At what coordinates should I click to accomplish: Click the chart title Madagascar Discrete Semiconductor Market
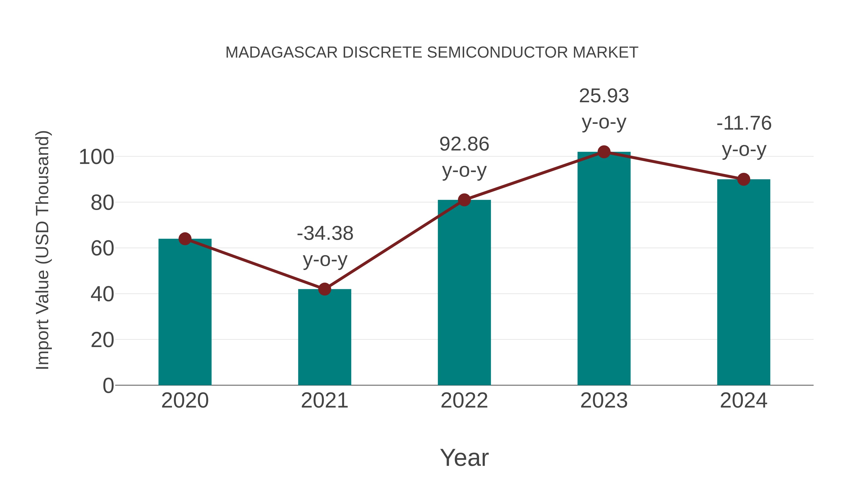[x=432, y=53]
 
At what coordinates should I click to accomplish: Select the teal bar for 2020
[x=185, y=312]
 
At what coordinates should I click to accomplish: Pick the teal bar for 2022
[x=464, y=293]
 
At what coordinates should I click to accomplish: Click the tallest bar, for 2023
[x=604, y=268]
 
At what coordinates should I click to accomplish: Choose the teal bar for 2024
[x=744, y=282]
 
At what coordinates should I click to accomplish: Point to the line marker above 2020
[x=185, y=239]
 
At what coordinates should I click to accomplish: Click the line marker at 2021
[x=324, y=289]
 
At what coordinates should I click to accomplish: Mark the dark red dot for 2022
[x=464, y=200]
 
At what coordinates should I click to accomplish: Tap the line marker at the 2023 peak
[x=604, y=152]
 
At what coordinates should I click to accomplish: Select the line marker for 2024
[x=744, y=180]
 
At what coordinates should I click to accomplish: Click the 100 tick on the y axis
[x=96, y=157]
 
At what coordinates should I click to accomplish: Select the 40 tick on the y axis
[x=102, y=294]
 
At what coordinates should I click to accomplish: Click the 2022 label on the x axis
[x=464, y=401]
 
